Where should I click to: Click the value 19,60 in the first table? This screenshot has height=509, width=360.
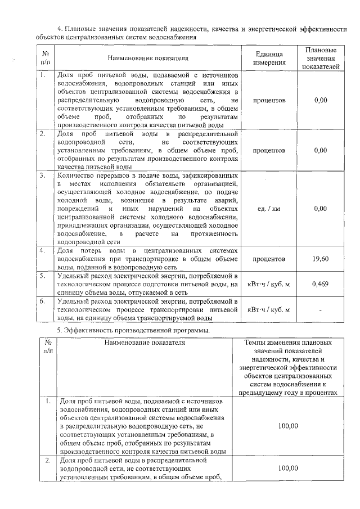click(x=321, y=259)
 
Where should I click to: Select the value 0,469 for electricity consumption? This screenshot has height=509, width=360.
click(x=321, y=284)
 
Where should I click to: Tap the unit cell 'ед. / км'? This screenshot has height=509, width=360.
click(x=268, y=209)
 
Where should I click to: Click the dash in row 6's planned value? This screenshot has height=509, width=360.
click(x=321, y=309)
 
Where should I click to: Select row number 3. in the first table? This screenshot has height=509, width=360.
click(x=43, y=175)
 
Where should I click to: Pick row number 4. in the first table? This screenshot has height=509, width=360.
click(x=43, y=250)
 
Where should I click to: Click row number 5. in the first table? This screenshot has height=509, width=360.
click(x=43, y=276)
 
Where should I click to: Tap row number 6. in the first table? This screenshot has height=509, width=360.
click(x=43, y=301)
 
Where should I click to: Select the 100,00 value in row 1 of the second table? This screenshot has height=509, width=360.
click(x=287, y=426)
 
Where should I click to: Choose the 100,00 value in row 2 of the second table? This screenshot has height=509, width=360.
click(x=287, y=467)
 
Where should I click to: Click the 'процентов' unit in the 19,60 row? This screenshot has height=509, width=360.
click(x=268, y=259)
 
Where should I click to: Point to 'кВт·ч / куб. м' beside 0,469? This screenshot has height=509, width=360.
click(x=268, y=284)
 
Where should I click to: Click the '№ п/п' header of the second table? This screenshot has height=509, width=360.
click(x=48, y=346)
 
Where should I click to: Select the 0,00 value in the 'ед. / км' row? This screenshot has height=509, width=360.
click(x=321, y=209)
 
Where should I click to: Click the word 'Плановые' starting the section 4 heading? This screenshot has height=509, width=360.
click(x=83, y=29)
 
